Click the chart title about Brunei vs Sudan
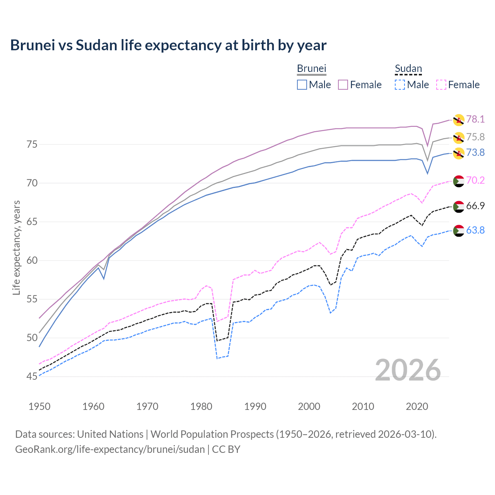coord(168,45)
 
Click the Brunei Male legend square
coord(302,85)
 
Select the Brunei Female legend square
coord(343,85)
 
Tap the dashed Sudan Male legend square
coord(400,85)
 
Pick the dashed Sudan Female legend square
coord(441,85)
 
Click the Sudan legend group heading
coord(408,68)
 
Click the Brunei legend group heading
coord(311,68)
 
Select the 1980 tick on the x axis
coord(201,406)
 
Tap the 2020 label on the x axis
coord(417,406)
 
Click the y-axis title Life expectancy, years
coord(16,247)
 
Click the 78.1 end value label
coord(475,119)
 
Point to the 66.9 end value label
coord(475,206)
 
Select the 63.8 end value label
coord(475,230)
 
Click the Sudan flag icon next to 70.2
coord(458,181)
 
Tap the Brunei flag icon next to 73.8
coord(458,153)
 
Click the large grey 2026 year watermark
coord(408,370)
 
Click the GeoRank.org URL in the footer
coord(110,449)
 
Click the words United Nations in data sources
coord(110,434)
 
